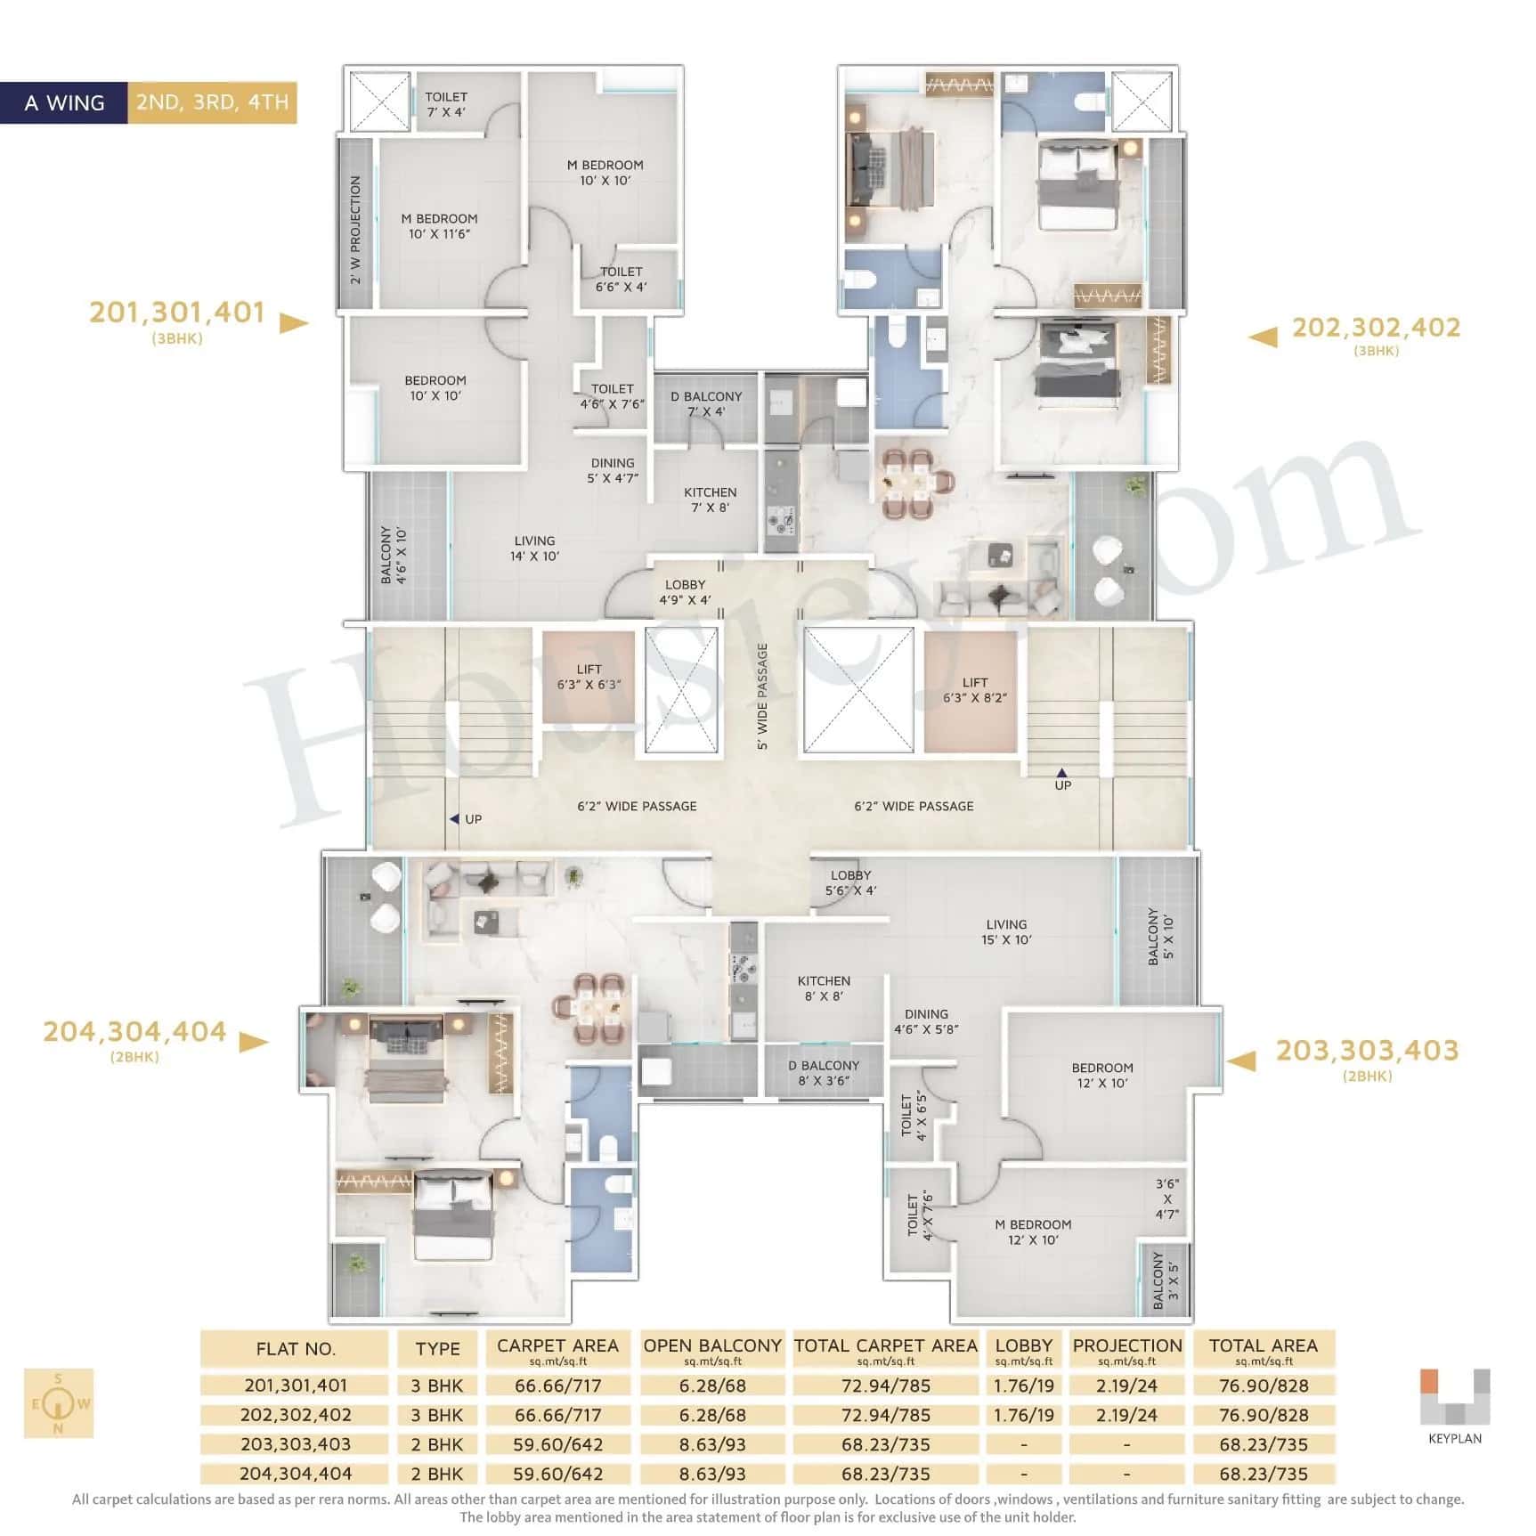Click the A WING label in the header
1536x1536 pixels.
pyautogui.click(x=64, y=103)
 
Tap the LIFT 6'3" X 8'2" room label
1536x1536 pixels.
pyautogui.click(x=974, y=690)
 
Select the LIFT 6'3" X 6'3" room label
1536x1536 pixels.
pyautogui.click(x=589, y=677)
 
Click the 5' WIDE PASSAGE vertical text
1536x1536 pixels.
pyautogui.click(x=762, y=696)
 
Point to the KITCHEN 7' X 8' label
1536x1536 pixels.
pyautogui.click(x=710, y=500)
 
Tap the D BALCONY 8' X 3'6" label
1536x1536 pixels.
pyautogui.click(x=824, y=1073)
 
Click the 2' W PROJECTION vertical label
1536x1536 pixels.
pyautogui.click(x=355, y=230)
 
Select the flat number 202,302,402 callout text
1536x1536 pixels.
pyautogui.click(x=1376, y=328)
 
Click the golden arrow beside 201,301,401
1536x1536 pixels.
pyautogui.click(x=293, y=322)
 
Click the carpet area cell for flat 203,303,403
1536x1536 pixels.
pyautogui.click(x=557, y=1444)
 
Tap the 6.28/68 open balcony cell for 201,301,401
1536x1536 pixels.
pyautogui.click(x=712, y=1386)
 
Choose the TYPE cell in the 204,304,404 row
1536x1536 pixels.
pyautogui.click(x=437, y=1474)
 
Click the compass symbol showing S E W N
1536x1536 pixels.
pyautogui.click(x=59, y=1404)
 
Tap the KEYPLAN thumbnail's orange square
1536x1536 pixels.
pyautogui.click(x=1428, y=1380)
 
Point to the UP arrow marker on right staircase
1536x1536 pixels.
pyautogui.click(x=1061, y=773)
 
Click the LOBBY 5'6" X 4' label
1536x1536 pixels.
pyautogui.click(x=850, y=882)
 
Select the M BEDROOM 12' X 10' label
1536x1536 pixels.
pyautogui.click(x=1033, y=1231)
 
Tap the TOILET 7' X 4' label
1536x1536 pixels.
pyautogui.click(x=445, y=104)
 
